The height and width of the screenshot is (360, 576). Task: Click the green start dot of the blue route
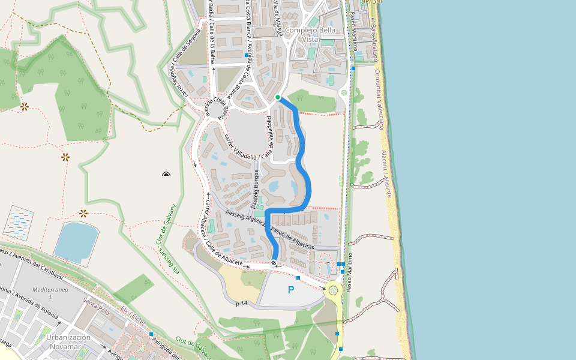coord(278,97)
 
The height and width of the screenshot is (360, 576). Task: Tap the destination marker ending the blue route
coord(274,263)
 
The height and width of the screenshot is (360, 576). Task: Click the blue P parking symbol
coord(291,290)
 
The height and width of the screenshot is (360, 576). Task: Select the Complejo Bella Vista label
coord(311,34)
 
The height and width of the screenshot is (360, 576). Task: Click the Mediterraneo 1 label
coord(50,292)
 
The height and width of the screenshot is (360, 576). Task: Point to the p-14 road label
coord(242,304)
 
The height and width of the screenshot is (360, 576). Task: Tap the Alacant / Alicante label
coord(388,174)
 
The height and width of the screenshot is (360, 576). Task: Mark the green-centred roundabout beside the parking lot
coord(333,290)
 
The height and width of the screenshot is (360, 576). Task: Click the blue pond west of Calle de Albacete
coord(76,241)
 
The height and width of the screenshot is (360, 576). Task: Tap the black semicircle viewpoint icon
coord(166,175)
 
